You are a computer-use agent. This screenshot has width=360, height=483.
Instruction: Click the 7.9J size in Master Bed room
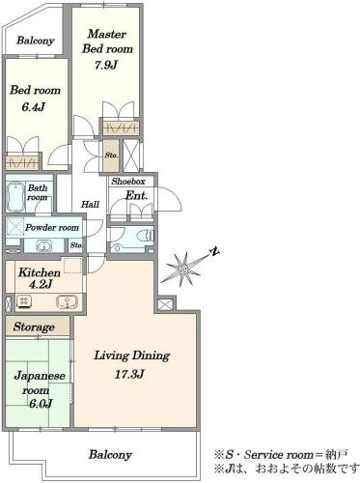click(x=106, y=65)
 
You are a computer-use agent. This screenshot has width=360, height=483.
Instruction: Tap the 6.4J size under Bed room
click(x=33, y=107)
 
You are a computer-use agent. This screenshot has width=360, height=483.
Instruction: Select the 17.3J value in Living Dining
click(x=129, y=375)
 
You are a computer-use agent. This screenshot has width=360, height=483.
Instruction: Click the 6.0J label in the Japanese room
click(x=41, y=404)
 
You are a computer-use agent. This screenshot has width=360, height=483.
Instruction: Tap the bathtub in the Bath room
click(x=15, y=197)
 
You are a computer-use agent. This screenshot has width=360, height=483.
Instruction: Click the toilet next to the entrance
click(x=146, y=236)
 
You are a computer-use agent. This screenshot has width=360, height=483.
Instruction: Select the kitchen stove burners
click(x=24, y=301)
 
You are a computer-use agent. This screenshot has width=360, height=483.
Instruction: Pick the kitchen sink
click(x=67, y=302)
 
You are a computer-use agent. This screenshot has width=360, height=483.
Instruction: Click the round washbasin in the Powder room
click(x=43, y=246)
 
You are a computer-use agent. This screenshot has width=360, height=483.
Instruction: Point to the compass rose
click(x=182, y=269)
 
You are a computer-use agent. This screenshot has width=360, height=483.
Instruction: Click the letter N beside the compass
click(x=214, y=251)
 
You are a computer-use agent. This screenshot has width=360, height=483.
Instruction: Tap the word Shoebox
click(x=128, y=182)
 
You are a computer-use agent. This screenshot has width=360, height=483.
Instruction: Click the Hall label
click(x=90, y=204)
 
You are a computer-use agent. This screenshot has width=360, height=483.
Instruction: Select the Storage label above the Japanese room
click(x=34, y=327)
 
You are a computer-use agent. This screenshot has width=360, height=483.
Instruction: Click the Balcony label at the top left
click(x=35, y=41)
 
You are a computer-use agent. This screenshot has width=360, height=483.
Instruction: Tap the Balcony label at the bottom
click(x=110, y=455)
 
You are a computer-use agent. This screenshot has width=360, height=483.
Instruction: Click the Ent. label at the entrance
click(x=136, y=195)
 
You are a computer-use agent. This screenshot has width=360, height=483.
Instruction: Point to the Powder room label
click(x=52, y=228)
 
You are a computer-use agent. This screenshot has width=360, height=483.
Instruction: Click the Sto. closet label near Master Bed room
click(x=111, y=156)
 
